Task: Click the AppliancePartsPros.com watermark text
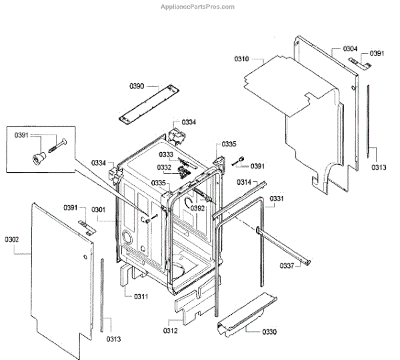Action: [199, 7]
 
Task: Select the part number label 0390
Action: [137, 86]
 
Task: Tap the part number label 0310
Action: [241, 59]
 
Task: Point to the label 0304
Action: [351, 49]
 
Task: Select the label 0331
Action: [277, 199]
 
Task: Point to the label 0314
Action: [244, 182]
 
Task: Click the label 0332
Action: [165, 167]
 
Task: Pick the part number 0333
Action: [166, 154]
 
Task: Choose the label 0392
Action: [197, 208]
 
